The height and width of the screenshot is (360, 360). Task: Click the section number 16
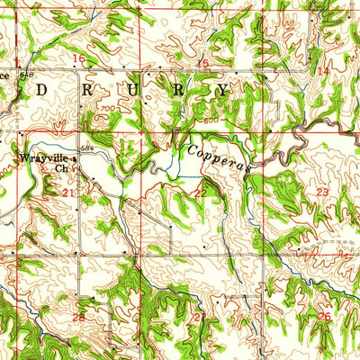pyautogui.click(x=78, y=58)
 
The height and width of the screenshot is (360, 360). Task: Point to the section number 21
pyautogui.click(x=67, y=193)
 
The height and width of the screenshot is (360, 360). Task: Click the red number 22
pyautogui.click(x=200, y=193)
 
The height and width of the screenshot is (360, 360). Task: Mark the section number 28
pyautogui.click(x=78, y=317)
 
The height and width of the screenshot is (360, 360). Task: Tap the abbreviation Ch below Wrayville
pyautogui.click(x=61, y=166)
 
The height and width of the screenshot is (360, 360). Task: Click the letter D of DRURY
pyautogui.click(x=41, y=90)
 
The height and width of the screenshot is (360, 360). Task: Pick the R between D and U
pyautogui.click(x=87, y=90)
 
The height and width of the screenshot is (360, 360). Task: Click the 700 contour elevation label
pyautogui.click(x=110, y=108)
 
